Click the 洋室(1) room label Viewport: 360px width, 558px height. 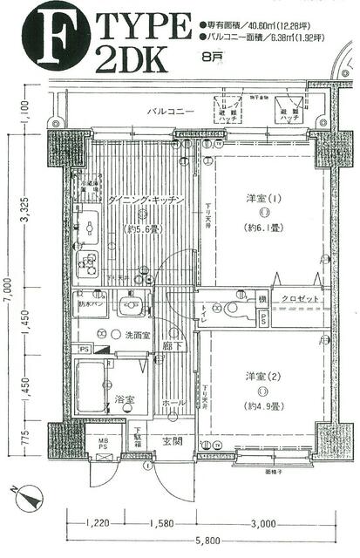pyautogui.click(x=262, y=198)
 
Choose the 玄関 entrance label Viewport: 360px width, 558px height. pyautogui.click(x=173, y=439)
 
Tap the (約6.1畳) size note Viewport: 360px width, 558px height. pyautogui.click(x=262, y=228)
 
